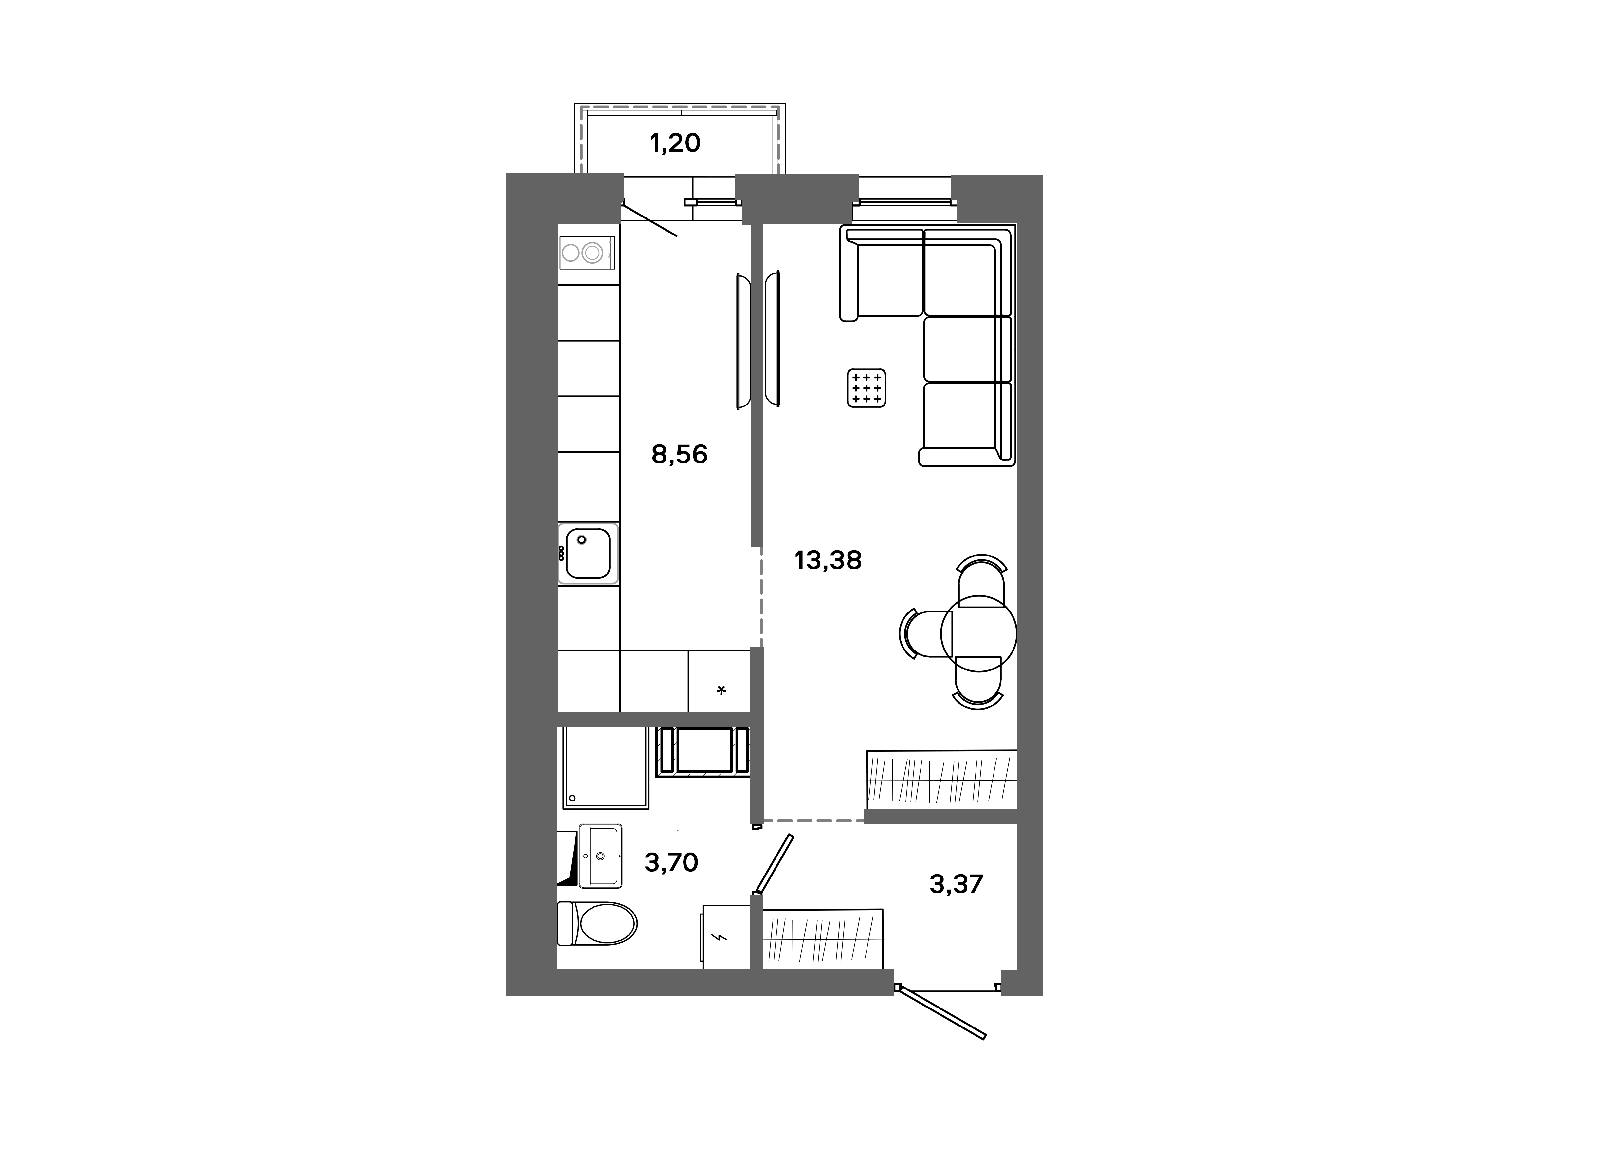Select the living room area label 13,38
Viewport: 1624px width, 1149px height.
pyautogui.click(x=828, y=560)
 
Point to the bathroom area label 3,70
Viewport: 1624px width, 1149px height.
pyautogui.click(x=670, y=862)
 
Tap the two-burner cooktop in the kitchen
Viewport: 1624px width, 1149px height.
pyautogui.click(x=586, y=253)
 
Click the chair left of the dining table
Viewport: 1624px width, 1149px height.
pyautogui.click(x=923, y=633)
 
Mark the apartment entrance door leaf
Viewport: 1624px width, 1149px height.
pyautogui.click(x=941, y=1013)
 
